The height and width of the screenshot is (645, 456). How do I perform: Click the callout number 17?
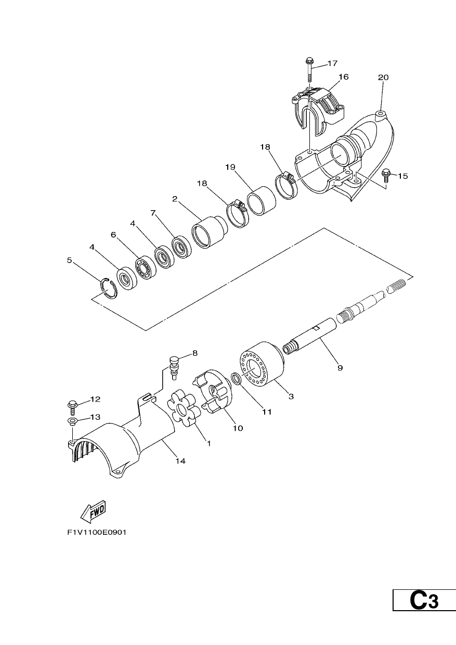coord(332,63)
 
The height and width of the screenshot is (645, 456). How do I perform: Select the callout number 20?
coord(383,78)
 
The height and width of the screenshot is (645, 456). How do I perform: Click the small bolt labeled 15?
coord(385,176)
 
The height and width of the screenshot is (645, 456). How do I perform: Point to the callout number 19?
coord(230,167)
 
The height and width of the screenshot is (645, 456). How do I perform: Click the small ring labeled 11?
coord(237,378)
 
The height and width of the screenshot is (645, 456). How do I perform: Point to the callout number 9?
coord(340,368)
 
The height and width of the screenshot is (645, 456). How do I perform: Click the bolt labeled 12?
coord(72,408)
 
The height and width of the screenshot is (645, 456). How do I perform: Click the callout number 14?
coord(181,461)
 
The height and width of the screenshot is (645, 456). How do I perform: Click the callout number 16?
coord(343,77)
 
